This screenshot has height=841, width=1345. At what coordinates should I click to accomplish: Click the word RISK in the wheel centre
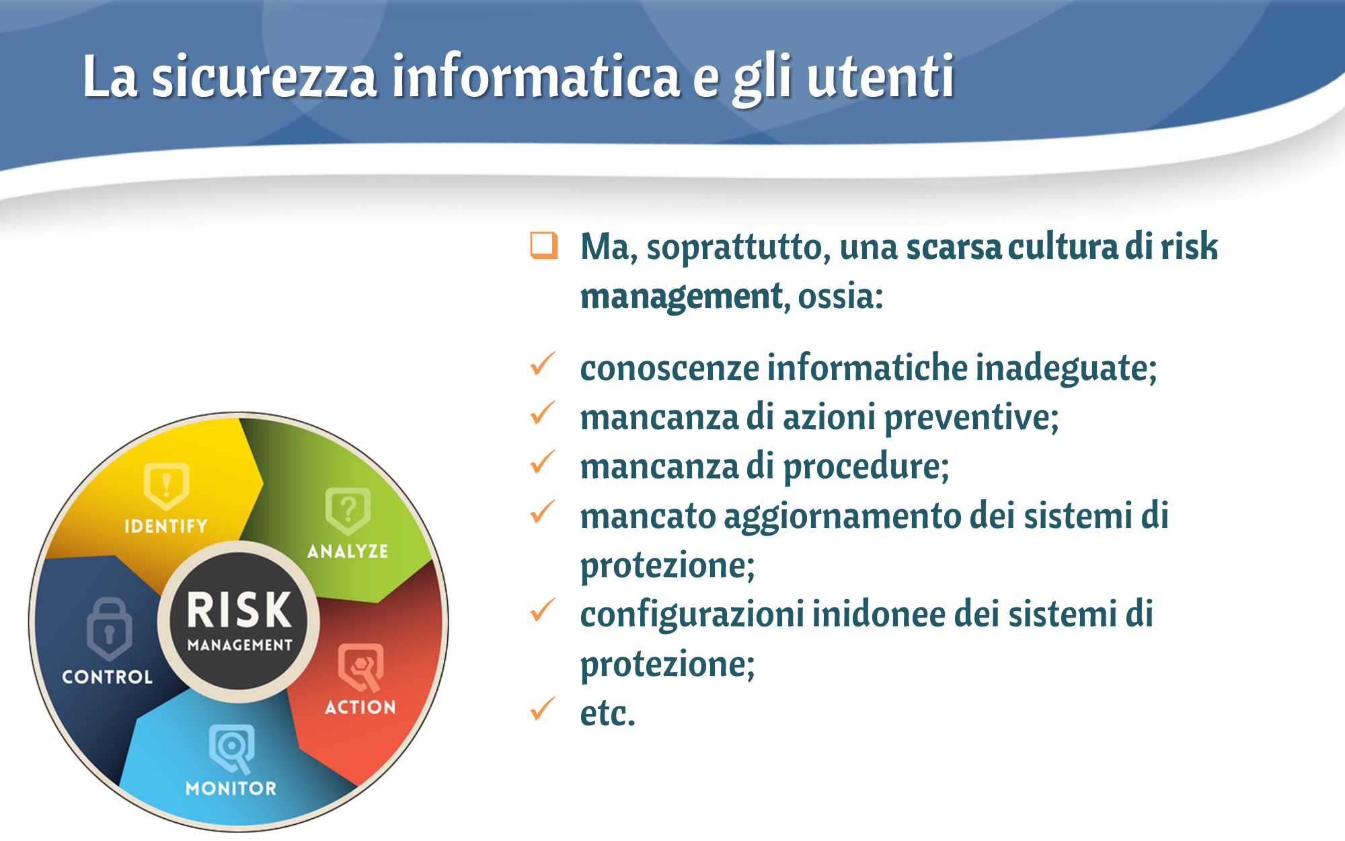pyautogui.click(x=239, y=610)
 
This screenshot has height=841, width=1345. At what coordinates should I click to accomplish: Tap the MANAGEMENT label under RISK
pyautogui.click(x=240, y=645)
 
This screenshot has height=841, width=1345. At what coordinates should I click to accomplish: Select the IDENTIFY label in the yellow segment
pyautogui.click(x=166, y=526)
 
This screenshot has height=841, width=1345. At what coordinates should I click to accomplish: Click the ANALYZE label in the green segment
pyautogui.click(x=348, y=551)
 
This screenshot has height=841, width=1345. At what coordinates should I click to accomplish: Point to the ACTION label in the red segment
pyautogui.click(x=360, y=707)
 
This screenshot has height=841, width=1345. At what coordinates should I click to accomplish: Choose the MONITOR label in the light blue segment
pyautogui.click(x=231, y=788)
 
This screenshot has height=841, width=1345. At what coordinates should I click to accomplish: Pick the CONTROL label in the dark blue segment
pyautogui.click(x=108, y=676)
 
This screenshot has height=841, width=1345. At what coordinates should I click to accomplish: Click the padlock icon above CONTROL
pyautogui.click(x=109, y=628)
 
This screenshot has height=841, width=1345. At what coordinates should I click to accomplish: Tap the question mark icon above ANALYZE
pyautogui.click(x=348, y=511)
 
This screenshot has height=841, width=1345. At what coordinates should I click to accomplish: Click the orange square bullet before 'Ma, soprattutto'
pyautogui.click(x=544, y=246)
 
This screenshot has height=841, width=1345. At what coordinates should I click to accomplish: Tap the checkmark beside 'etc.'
pyautogui.click(x=543, y=708)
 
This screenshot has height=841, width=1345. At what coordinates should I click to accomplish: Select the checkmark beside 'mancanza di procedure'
pyautogui.click(x=543, y=462)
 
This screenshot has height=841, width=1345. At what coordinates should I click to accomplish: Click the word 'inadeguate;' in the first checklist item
pyautogui.click(x=1066, y=369)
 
